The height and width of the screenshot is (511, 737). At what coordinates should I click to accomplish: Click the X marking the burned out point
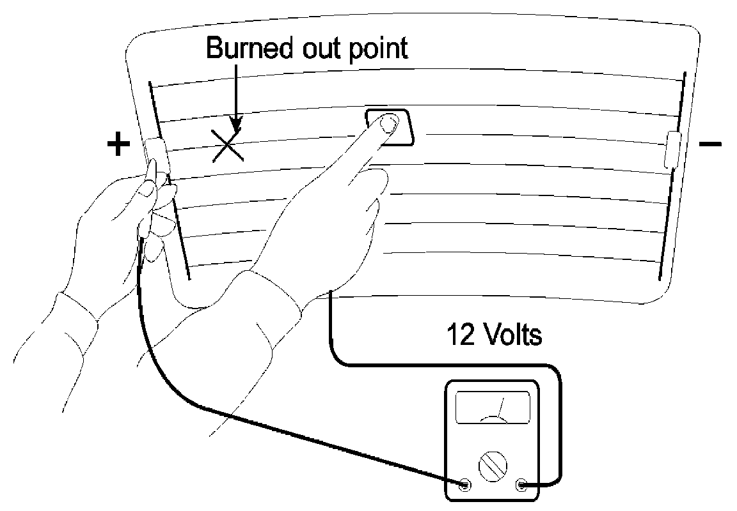coord(225,144)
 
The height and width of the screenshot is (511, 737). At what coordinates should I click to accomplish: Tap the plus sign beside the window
coord(118,145)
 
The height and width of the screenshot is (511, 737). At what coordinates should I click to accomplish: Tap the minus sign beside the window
coord(710,144)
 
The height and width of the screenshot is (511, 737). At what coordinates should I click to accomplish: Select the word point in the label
coord(378,49)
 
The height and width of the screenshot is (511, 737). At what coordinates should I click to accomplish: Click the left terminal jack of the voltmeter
coord(464,485)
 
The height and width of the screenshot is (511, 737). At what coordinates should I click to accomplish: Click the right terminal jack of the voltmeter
coord(521,485)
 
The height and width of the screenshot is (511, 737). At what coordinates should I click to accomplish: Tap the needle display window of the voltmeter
coord(493,407)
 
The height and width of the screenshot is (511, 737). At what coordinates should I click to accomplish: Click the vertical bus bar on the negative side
coord(672,211)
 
